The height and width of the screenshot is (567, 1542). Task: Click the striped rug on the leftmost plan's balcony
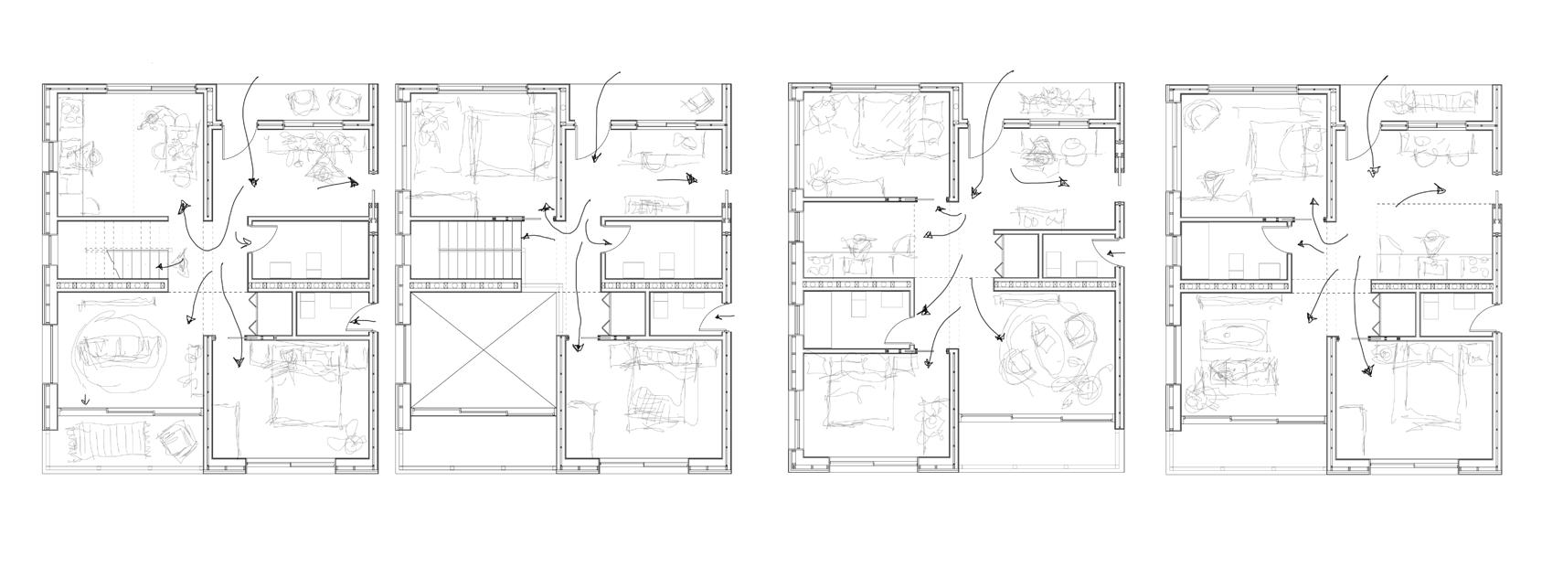pos(108,441)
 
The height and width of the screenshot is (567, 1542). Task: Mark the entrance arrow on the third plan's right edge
pos(1114,253)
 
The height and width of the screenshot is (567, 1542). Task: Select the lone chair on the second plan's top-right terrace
pos(701,99)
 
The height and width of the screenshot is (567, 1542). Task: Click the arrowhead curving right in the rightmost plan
pos(1438,190)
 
